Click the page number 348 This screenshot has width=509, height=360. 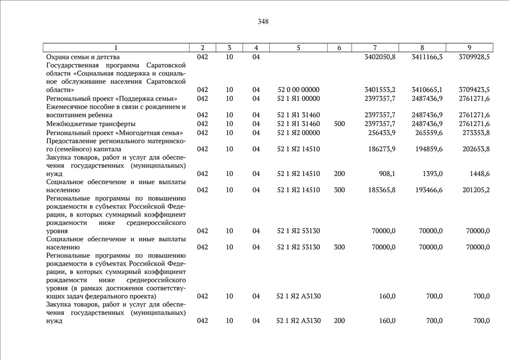[x=263, y=22]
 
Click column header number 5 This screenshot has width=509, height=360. [x=298, y=48]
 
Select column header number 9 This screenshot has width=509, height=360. [x=469, y=48]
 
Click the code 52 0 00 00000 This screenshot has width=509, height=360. [x=298, y=90]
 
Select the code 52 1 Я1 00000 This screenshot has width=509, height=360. [x=298, y=98]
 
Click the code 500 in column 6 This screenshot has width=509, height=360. [x=339, y=124]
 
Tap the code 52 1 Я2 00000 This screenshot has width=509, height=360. [x=298, y=132]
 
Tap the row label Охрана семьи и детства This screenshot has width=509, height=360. [x=83, y=57]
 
